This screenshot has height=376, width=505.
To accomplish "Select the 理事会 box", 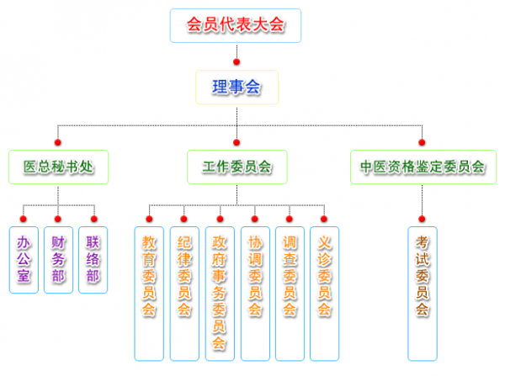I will click(x=237, y=87).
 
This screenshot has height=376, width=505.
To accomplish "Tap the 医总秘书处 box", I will click(x=58, y=167).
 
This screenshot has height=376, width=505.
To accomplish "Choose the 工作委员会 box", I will click(x=237, y=167).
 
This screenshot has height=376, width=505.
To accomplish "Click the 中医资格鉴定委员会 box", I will click(x=422, y=167).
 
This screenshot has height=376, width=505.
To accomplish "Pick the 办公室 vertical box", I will click(x=24, y=259).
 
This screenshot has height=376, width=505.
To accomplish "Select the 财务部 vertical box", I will click(x=58, y=259).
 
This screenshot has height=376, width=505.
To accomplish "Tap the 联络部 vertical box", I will click(x=93, y=259).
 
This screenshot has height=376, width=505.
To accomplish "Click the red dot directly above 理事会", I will click(x=237, y=61).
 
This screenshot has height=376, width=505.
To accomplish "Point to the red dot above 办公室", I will click(x=24, y=218).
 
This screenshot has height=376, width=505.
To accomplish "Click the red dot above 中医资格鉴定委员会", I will click(x=422, y=142).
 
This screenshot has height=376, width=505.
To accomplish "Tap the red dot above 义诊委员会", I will click(x=325, y=218).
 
